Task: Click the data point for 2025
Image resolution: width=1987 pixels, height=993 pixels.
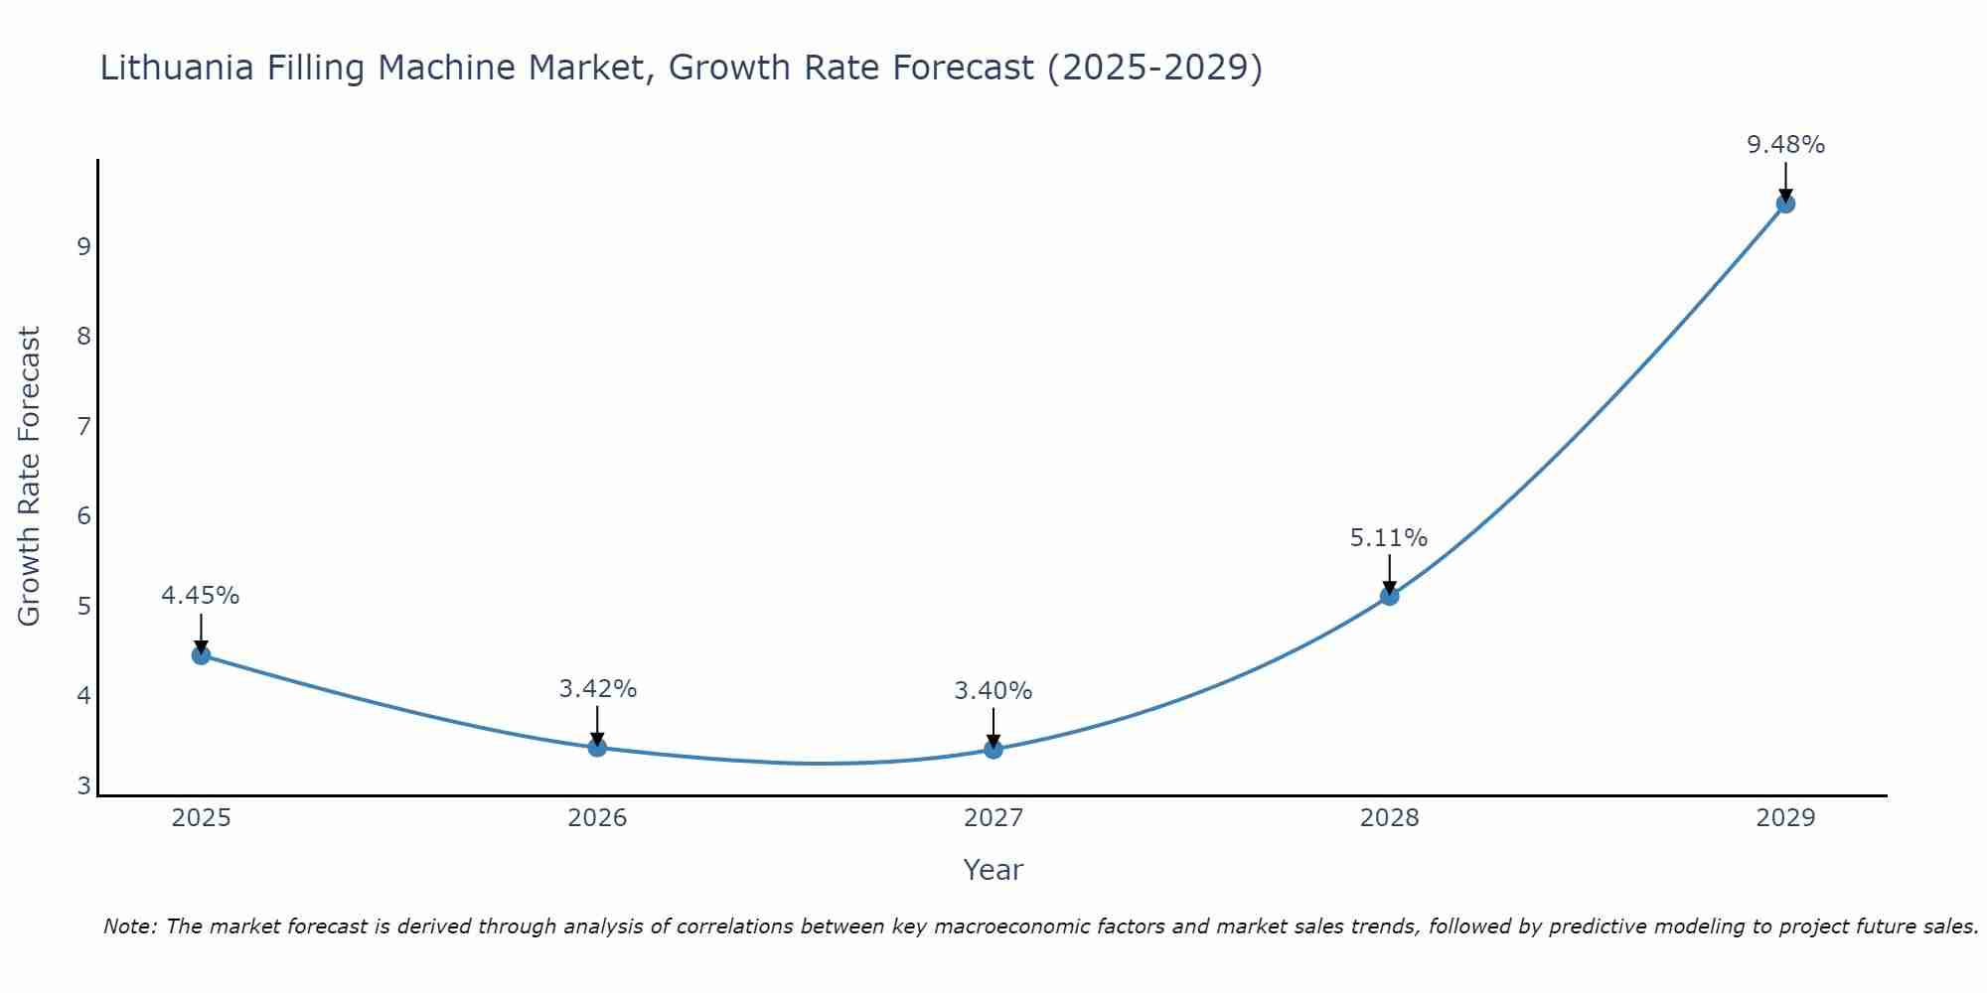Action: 201,654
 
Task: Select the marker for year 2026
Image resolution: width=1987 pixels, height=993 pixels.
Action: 597,747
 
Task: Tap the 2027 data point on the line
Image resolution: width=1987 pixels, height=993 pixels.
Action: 993,749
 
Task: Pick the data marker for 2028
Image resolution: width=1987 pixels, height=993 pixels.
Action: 1389,596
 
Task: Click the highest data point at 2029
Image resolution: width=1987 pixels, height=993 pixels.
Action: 1785,204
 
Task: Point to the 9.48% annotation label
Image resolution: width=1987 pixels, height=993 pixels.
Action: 1785,145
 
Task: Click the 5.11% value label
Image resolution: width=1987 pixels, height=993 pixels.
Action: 1388,538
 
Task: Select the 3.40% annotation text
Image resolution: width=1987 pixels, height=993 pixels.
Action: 993,691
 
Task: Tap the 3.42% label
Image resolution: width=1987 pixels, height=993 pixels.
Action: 597,689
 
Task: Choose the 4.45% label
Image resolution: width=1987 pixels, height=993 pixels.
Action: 200,596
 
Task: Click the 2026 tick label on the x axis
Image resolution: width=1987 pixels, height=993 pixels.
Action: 597,818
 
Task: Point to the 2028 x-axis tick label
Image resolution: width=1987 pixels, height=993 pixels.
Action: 1389,818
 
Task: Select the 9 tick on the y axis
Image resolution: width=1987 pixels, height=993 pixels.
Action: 83,246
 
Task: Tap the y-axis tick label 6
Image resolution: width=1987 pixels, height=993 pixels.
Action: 83,515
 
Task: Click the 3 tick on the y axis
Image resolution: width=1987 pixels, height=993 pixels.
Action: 83,785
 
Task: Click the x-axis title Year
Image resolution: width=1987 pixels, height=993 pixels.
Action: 993,870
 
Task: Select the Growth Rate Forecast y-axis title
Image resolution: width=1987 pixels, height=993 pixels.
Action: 30,477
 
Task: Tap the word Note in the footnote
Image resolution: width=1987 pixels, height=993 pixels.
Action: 129,926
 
